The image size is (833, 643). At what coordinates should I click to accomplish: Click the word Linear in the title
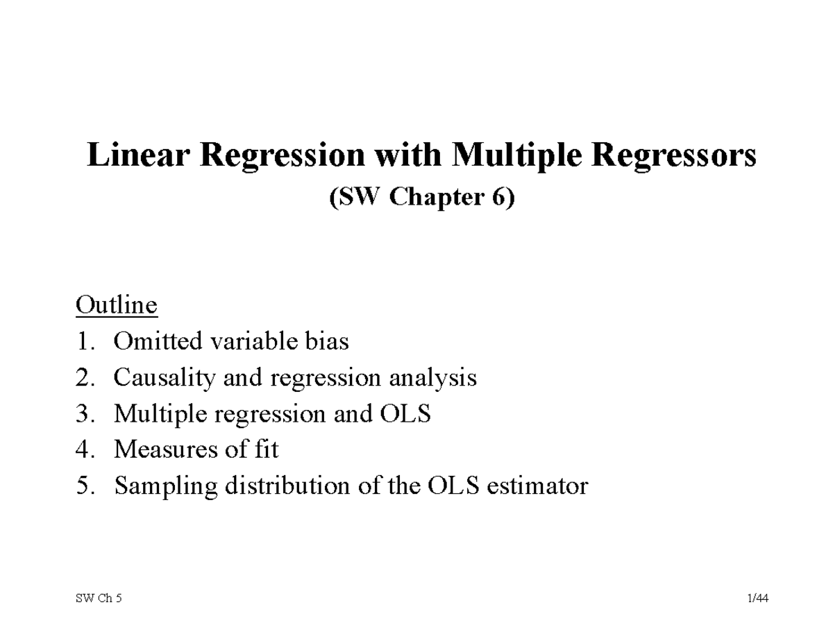point(139,155)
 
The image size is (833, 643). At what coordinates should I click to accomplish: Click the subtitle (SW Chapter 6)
point(421,198)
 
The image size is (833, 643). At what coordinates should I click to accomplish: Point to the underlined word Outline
point(117,305)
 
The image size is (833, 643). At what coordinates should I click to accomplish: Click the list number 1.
point(84,341)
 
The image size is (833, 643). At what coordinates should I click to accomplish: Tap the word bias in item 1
point(326,341)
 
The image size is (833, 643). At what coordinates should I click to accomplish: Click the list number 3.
point(84,414)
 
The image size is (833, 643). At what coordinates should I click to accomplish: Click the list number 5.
point(84,486)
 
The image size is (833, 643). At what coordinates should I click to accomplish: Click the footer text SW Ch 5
point(98,599)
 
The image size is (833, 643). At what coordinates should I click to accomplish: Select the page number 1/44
point(759,599)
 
